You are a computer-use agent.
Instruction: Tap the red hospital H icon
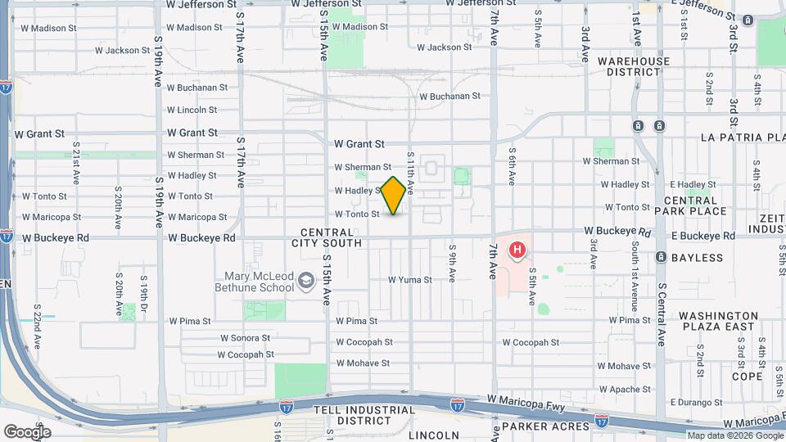517,250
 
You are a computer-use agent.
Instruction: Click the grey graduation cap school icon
306,282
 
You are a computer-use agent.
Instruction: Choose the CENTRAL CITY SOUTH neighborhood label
331,237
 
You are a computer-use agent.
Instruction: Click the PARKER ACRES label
545,426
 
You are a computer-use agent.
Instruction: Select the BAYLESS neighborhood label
698,258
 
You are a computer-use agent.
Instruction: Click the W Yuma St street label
410,280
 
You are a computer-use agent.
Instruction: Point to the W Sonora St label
245,338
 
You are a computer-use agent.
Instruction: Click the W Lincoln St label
192,110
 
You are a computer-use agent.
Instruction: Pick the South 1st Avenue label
635,283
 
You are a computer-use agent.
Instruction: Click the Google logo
26,431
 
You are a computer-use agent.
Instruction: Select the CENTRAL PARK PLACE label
696,205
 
